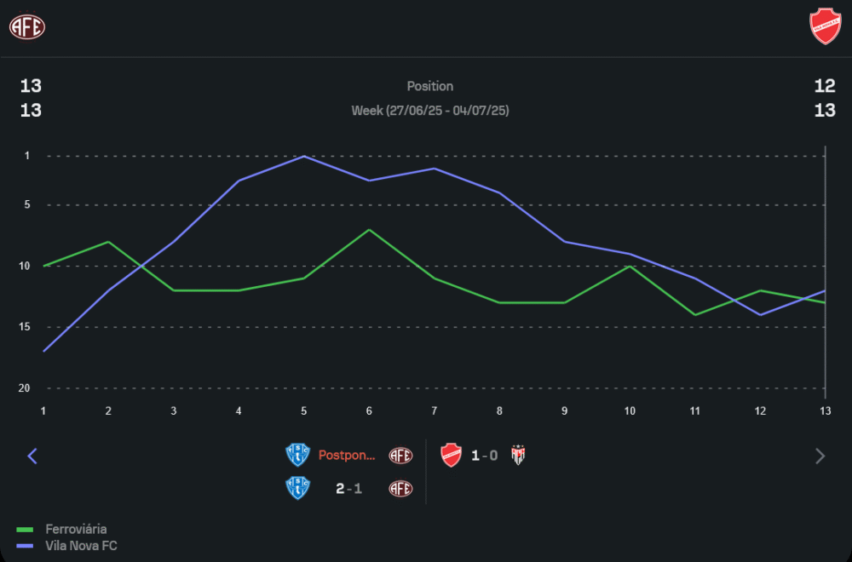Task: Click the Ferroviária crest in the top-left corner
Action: [x=27, y=26]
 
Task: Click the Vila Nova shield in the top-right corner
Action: [x=825, y=26]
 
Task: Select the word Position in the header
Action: [x=430, y=86]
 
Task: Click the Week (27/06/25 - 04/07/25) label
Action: [x=430, y=111]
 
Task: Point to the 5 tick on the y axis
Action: [x=27, y=205]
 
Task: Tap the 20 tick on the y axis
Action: [x=26, y=388]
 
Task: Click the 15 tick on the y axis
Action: [x=26, y=327]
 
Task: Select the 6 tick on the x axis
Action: [x=369, y=410]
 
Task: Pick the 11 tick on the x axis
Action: [x=695, y=410]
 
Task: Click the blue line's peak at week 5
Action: [x=304, y=157]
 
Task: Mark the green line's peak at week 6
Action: [x=369, y=230]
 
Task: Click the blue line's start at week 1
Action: [x=43, y=351]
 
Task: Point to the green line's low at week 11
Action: [x=695, y=315]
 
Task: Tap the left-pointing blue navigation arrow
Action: [x=32, y=456]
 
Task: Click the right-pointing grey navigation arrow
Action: [x=820, y=456]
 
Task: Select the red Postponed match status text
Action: [x=347, y=456]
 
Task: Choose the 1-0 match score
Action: [x=486, y=456]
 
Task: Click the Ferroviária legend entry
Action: [x=76, y=529]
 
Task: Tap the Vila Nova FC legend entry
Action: [x=81, y=546]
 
